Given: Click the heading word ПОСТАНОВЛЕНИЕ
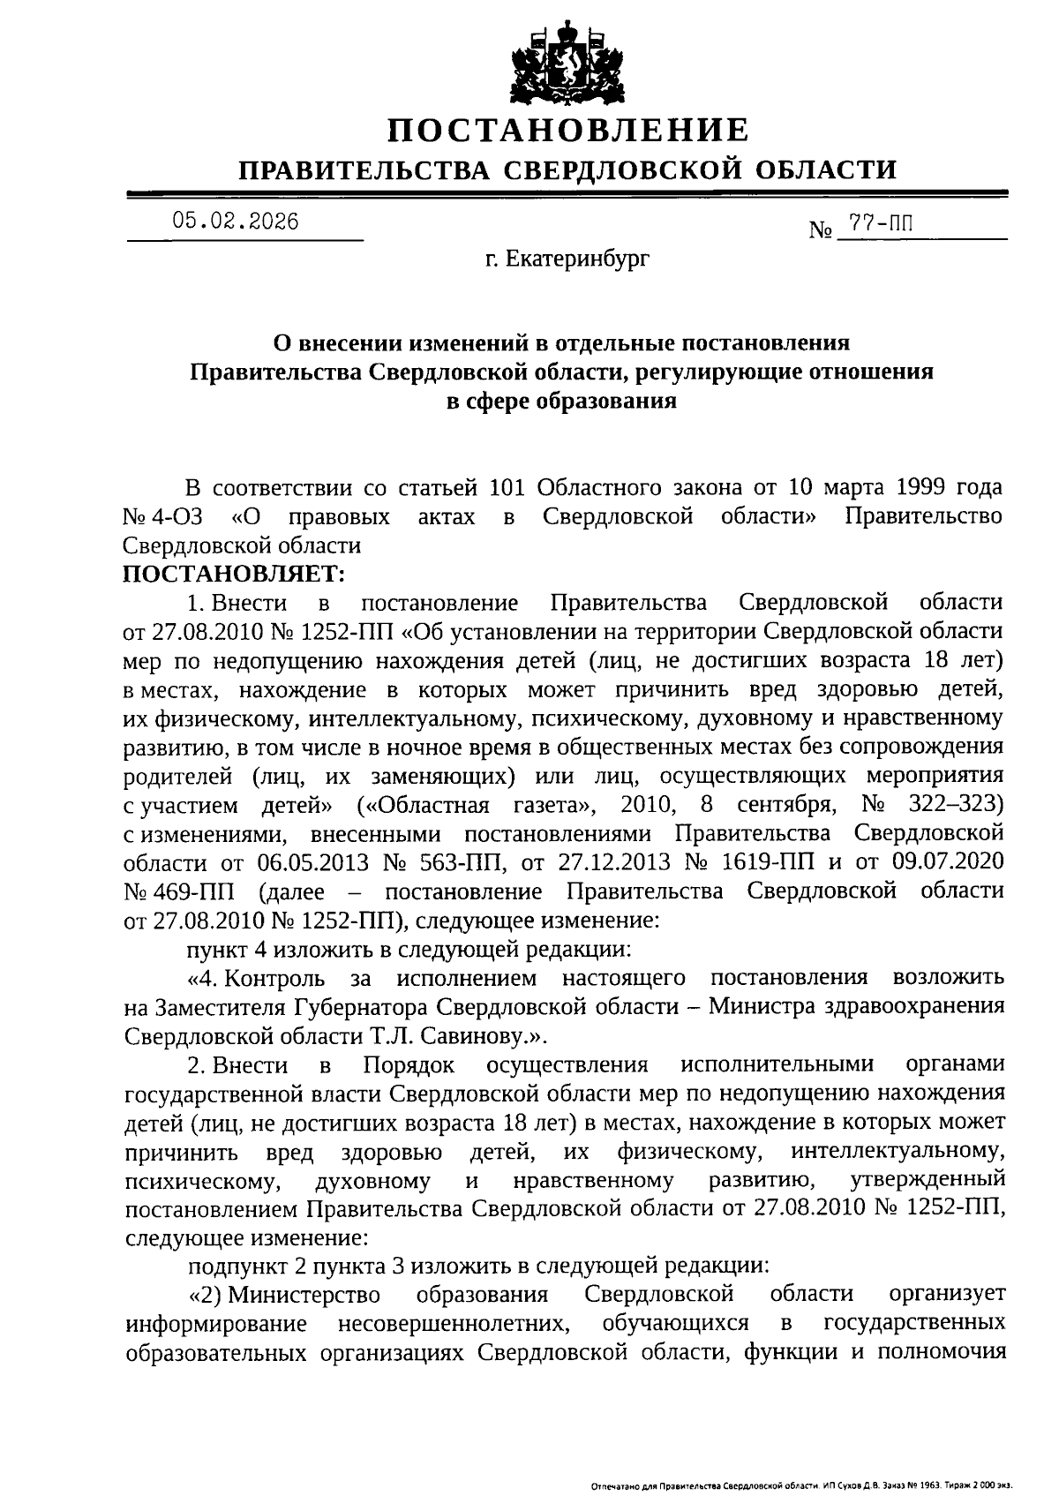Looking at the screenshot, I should click(569, 131).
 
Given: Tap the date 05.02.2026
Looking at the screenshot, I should click(236, 221).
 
